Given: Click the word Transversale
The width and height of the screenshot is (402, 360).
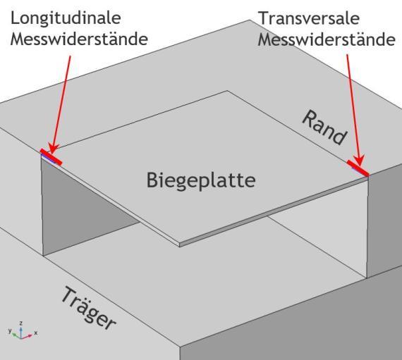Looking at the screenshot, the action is (310, 18).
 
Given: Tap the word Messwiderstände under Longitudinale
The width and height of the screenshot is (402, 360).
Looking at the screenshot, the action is (79, 39).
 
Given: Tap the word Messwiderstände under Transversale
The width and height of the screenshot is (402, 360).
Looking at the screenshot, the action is (327, 40).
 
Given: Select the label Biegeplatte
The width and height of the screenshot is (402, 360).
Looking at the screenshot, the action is (201, 181).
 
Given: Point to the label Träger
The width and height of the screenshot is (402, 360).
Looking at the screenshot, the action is (89, 308).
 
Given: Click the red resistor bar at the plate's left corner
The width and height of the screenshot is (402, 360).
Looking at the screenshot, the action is (51, 156).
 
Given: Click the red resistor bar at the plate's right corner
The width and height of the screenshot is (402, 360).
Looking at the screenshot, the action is (358, 168).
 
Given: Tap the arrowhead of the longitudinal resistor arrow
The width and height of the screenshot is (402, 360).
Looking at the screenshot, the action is (54, 149).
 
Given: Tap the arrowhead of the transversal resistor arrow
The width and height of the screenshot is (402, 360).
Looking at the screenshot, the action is (360, 161).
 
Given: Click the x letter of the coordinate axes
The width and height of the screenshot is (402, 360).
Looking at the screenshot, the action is (36, 333).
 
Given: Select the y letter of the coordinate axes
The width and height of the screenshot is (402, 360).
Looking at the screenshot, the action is (10, 330).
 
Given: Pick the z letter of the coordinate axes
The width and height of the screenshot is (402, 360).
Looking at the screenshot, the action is (22, 323).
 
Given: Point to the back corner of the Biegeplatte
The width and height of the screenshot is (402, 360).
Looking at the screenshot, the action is (227, 91).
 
